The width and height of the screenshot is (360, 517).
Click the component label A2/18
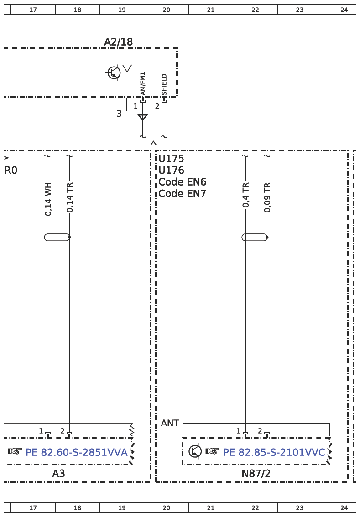pos(119,42)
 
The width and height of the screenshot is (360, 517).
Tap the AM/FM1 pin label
pos(142,84)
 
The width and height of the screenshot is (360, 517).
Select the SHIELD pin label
pos(164,85)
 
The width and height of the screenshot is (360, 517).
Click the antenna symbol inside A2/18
pos(127,72)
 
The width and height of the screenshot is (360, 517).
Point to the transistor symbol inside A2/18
pos(114,72)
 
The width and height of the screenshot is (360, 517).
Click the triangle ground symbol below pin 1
pos(142,117)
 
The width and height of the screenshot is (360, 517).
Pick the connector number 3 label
pos(119,114)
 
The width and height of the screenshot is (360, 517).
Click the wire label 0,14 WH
pos(48,199)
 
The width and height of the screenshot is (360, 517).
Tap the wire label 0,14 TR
pos(70,197)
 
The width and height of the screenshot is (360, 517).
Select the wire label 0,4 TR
pos(245,195)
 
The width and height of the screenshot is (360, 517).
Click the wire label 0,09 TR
pos(267,197)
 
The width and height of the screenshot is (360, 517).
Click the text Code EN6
pos(182,182)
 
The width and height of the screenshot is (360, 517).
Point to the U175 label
pos(171,159)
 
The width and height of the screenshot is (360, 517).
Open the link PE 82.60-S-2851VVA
pos(77,452)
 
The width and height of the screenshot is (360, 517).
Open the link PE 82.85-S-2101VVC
pos(274,452)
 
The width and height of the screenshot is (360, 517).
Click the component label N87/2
pos(256,474)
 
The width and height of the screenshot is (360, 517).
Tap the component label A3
pos(58,474)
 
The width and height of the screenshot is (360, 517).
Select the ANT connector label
pos(170,423)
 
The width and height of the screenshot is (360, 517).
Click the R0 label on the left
pos(10,171)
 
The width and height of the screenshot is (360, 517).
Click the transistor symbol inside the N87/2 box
pos(194,451)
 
